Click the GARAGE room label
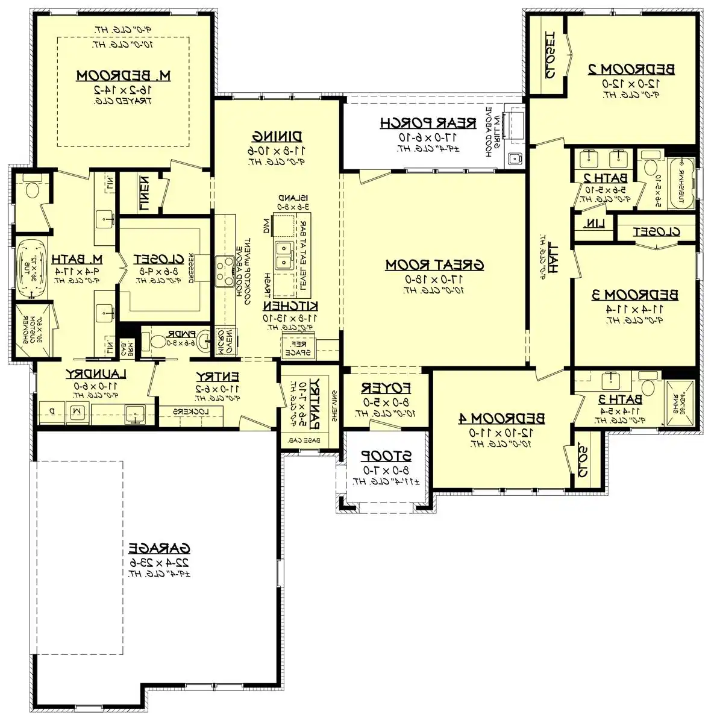pos(159,548)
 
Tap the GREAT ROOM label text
pos(434,264)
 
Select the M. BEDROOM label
pos(124,75)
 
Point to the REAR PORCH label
pos(428,123)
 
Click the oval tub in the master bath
pos(30,269)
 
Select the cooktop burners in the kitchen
pos(225,270)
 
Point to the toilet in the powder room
pos(157,342)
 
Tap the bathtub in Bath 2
pos(682,180)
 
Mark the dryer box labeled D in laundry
pos(52,411)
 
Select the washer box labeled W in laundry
pos(77,411)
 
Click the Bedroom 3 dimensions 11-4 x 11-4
pos(634,308)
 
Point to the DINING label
pos(277,136)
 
